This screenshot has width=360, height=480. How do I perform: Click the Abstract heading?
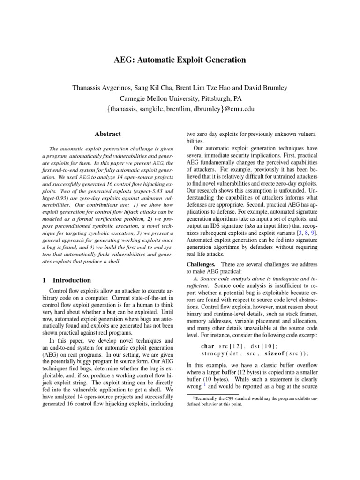(108, 134)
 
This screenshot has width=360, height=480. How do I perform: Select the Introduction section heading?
(72, 280)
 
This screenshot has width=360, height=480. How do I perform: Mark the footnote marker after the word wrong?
(204, 386)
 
